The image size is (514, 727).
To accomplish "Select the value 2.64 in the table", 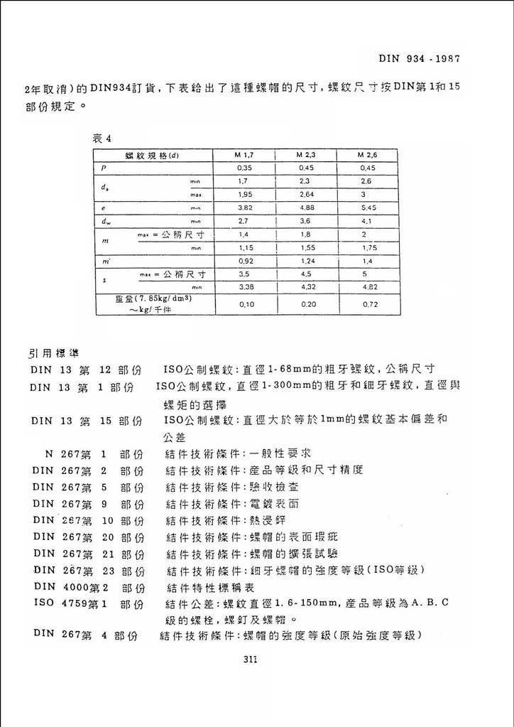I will tap(306, 194).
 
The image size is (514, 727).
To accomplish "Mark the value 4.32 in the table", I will tap(306, 287).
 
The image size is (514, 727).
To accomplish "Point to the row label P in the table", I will tap(104, 168).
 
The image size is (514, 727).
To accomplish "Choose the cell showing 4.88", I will tap(306, 208).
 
